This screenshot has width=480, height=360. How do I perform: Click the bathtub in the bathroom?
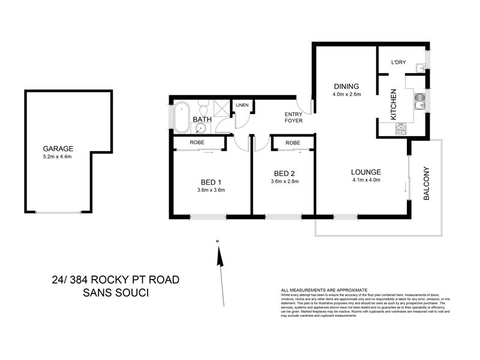click(x=182, y=117)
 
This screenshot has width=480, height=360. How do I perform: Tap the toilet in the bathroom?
click(x=203, y=110)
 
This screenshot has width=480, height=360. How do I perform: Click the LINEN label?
click(x=242, y=105)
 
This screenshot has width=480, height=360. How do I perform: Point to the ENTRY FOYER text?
click(x=293, y=118)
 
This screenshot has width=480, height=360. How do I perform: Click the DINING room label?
click(x=346, y=86)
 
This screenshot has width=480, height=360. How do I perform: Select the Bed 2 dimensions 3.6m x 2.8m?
click(x=285, y=181)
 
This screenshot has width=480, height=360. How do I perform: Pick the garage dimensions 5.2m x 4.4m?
click(x=58, y=157)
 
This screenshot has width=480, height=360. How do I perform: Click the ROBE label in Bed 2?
click(x=293, y=143)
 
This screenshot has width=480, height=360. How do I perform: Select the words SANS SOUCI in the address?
click(x=115, y=293)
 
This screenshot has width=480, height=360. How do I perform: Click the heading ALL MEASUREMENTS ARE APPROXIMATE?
click(x=324, y=289)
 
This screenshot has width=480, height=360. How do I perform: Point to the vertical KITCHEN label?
click(x=394, y=105)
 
